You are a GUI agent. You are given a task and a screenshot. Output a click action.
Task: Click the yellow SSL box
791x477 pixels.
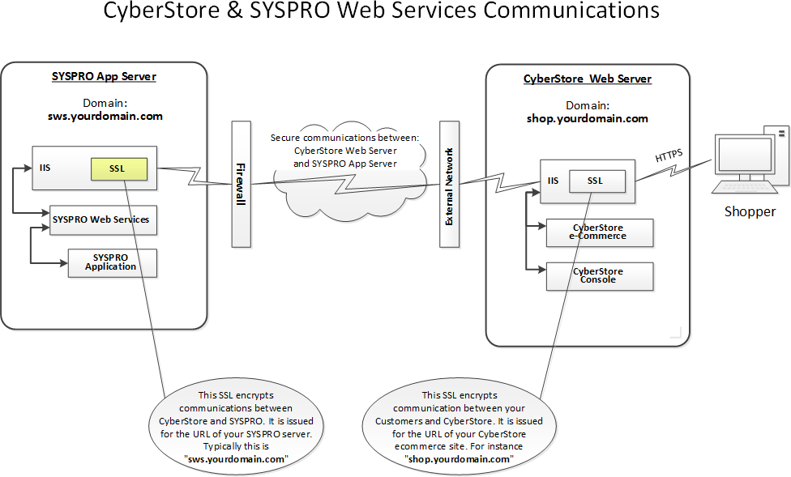(119, 169)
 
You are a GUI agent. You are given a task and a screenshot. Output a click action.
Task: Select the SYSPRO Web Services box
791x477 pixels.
(104, 219)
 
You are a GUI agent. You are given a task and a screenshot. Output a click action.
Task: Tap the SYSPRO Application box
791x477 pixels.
(113, 263)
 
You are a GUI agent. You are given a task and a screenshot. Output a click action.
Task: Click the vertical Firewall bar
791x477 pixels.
(242, 184)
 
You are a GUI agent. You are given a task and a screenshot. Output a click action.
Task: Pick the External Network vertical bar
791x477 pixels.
(450, 184)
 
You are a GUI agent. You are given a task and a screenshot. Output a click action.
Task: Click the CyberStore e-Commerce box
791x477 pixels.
(600, 232)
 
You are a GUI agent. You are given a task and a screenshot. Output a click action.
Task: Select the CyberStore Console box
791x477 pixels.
(600, 276)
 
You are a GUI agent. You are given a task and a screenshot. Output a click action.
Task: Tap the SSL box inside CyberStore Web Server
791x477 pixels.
(597, 181)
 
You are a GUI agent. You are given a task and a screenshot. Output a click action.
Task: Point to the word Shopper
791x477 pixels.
(750, 212)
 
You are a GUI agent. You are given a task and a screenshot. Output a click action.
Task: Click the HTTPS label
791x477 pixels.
(669, 155)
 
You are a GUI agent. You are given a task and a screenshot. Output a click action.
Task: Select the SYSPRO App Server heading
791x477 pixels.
(104, 77)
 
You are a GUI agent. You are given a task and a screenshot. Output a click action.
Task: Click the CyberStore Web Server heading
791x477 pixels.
(588, 79)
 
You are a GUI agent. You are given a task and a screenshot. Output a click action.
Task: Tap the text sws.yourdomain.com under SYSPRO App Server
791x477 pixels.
(105, 117)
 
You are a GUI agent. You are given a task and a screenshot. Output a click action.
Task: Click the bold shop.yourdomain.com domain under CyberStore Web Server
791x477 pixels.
(588, 119)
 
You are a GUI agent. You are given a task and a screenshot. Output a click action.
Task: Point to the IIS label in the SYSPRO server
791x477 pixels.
(45, 168)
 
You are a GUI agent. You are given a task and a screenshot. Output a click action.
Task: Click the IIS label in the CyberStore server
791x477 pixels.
(553, 181)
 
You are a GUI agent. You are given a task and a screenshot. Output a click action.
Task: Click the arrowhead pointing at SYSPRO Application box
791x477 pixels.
(64, 262)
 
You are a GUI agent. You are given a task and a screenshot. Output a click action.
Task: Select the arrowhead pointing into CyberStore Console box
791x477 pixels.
(542, 270)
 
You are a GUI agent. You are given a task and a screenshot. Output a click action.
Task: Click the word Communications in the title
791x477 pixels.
(571, 11)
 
